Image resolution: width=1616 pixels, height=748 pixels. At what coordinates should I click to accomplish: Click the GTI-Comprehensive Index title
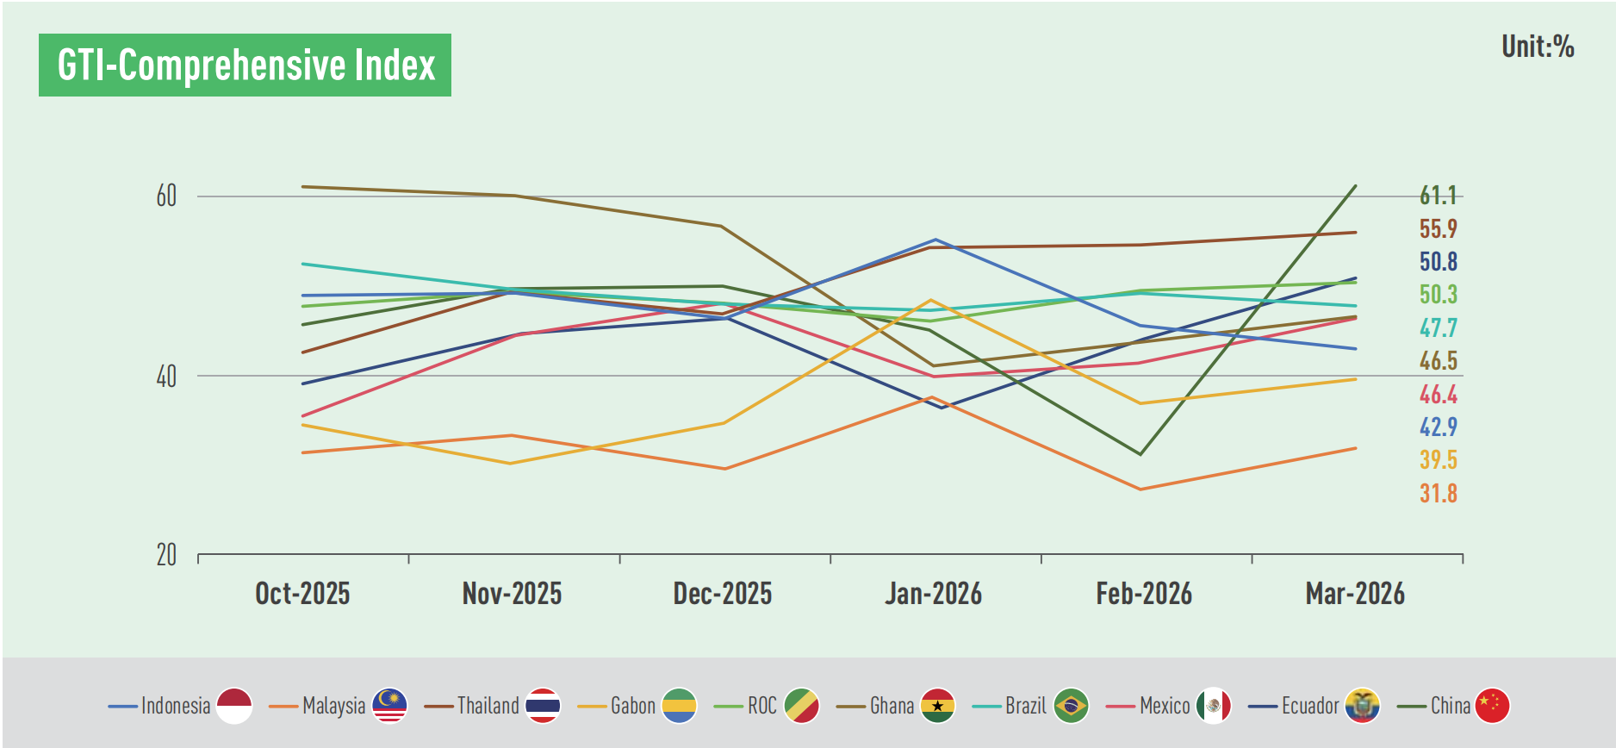(x=246, y=65)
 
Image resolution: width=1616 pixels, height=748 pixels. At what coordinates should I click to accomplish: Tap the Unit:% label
(x=1538, y=47)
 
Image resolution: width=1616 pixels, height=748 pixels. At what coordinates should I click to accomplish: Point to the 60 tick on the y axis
(x=166, y=196)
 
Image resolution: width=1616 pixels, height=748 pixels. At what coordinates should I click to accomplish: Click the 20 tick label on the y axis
(x=166, y=555)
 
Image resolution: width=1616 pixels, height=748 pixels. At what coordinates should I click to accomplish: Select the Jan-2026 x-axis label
(x=933, y=594)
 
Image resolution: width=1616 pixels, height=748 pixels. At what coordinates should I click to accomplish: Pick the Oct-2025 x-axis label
(x=302, y=594)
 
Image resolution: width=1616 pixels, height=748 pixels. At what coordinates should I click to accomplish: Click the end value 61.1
(x=1438, y=196)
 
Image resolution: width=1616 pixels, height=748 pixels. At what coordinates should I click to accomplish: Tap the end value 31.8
(x=1438, y=494)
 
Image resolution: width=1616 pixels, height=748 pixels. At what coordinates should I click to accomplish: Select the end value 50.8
(x=1438, y=262)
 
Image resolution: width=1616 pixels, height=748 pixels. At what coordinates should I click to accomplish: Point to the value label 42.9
(x=1438, y=427)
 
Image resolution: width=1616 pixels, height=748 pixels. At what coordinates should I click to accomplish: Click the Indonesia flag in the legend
(x=234, y=706)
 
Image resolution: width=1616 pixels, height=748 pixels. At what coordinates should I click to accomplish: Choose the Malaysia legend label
(x=334, y=707)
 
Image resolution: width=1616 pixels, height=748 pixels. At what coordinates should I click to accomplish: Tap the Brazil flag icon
(x=1071, y=706)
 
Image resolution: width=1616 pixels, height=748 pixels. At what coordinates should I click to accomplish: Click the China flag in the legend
(x=1492, y=706)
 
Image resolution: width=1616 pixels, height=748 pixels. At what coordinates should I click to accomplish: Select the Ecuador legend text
(x=1310, y=707)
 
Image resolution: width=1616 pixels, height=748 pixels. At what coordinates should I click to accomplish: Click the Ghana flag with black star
(x=937, y=706)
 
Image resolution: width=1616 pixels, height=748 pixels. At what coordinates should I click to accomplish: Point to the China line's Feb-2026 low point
(x=1141, y=454)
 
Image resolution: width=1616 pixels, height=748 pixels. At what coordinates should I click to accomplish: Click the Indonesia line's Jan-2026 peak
(x=935, y=240)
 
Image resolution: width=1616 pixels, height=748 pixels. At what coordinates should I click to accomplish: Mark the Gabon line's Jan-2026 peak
(x=931, y=300)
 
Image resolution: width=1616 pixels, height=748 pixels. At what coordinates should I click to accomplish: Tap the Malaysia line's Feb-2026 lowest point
(x=1141, y=489)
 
